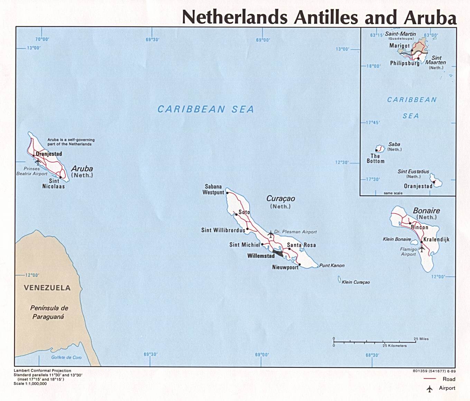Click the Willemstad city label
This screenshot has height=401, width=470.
click(x=261, y=256)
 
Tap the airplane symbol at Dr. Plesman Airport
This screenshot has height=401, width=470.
click(x=271, y=234)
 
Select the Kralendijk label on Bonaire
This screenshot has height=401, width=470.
click(x=436, y=239)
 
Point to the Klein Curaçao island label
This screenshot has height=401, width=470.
click(x=356, y=282)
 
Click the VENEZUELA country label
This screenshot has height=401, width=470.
click(x=47, y=288)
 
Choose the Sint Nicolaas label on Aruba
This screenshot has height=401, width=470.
click(x=54, y=183)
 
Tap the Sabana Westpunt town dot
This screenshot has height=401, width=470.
click(x=227, y=193)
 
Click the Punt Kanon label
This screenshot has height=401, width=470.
click(x=332, y=265)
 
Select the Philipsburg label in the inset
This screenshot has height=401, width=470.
click(x=404, y=63)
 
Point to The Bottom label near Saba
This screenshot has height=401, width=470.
click(x=375, y=158)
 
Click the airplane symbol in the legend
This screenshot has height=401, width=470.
click(x=430, y=389)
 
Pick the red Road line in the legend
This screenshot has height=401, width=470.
click(x=430, y=379)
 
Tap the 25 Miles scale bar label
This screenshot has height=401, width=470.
click(x=421, y=339)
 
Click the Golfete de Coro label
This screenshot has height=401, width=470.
click(x=66, y=357)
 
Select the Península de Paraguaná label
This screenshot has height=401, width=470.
click(x=49, y=312)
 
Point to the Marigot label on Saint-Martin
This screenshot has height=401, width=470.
click(x=399, y=46)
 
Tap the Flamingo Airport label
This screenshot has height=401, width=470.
click(x=408, y=252)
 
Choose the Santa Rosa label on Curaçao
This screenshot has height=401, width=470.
click(x=301, y=245)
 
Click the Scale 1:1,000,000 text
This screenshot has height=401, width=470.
click(x=30, y=383)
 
